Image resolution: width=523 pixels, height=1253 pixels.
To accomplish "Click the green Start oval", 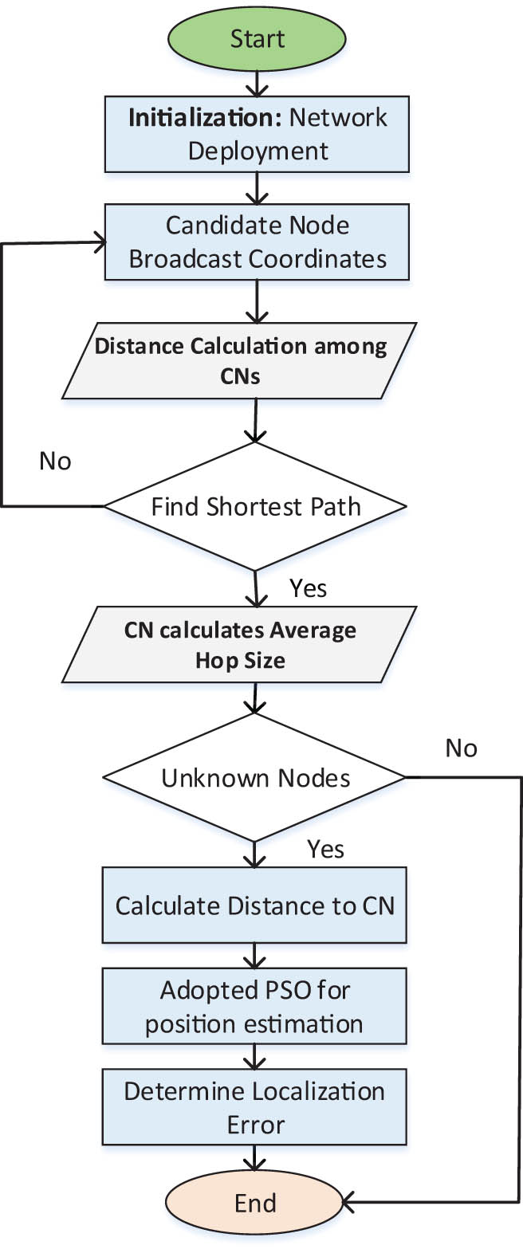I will pos(257,39).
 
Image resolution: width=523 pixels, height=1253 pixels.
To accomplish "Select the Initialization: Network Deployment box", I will pos(257,134).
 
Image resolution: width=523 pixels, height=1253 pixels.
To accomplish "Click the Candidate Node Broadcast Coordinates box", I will pos(257,242).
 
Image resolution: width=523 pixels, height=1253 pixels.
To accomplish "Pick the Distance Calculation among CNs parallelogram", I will pos(239,360).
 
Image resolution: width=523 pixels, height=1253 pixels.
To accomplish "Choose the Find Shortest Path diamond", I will pos(255,506).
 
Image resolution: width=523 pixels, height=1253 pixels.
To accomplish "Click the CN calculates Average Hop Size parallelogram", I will pos(239,645).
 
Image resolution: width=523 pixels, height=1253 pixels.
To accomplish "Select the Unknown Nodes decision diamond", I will pos(255,778).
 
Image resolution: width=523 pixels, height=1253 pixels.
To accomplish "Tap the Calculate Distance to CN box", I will pos(254,905).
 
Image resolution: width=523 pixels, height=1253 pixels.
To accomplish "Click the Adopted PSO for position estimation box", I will pos(254,1006).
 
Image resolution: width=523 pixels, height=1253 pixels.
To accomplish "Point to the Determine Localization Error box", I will pos(254,1107).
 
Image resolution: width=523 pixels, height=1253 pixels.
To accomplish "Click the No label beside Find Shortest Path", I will pos(55,462).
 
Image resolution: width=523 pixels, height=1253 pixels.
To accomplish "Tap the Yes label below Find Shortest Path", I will pos(308,588).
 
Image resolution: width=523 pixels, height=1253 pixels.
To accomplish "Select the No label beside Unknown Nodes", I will pos(461,748).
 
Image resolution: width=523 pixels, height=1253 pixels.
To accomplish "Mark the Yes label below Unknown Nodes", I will pos(325,849).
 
